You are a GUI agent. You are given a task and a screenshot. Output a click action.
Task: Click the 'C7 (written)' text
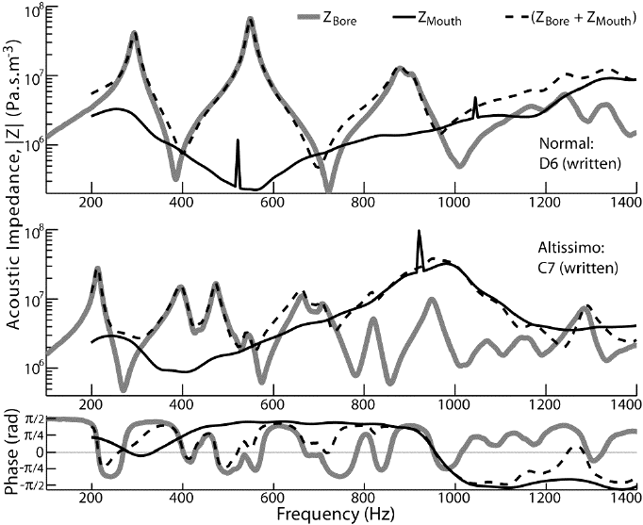tap(585, 269)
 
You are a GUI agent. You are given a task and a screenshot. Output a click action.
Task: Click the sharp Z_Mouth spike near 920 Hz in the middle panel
tap(419, 232)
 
